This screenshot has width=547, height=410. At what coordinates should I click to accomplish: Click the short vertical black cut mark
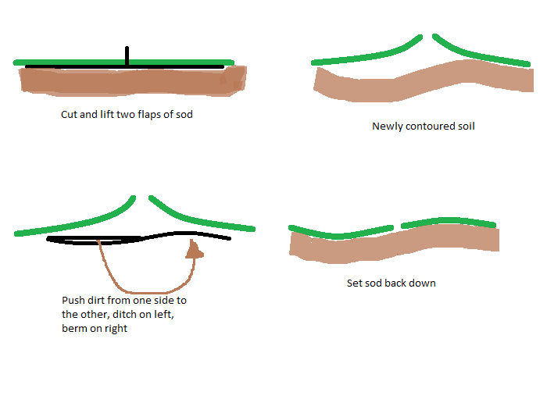[127, 55]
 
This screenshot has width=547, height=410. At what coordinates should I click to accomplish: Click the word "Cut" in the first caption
[70, 115]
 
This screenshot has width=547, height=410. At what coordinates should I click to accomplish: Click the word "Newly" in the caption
[386, 126]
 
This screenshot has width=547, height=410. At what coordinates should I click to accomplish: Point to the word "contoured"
[428, 126]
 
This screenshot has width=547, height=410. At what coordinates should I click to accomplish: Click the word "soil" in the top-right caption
[465, 126]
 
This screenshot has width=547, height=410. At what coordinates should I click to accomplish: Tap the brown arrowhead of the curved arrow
[194, 250]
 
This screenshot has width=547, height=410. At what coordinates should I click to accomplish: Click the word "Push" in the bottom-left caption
[73, 301]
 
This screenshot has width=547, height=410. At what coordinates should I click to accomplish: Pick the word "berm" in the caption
[74, 329]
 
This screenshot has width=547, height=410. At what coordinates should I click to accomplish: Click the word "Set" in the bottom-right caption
[354, 283]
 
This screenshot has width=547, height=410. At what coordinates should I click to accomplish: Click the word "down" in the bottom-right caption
[423, 283]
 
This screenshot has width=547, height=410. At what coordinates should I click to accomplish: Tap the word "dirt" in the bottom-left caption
[99, 301]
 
